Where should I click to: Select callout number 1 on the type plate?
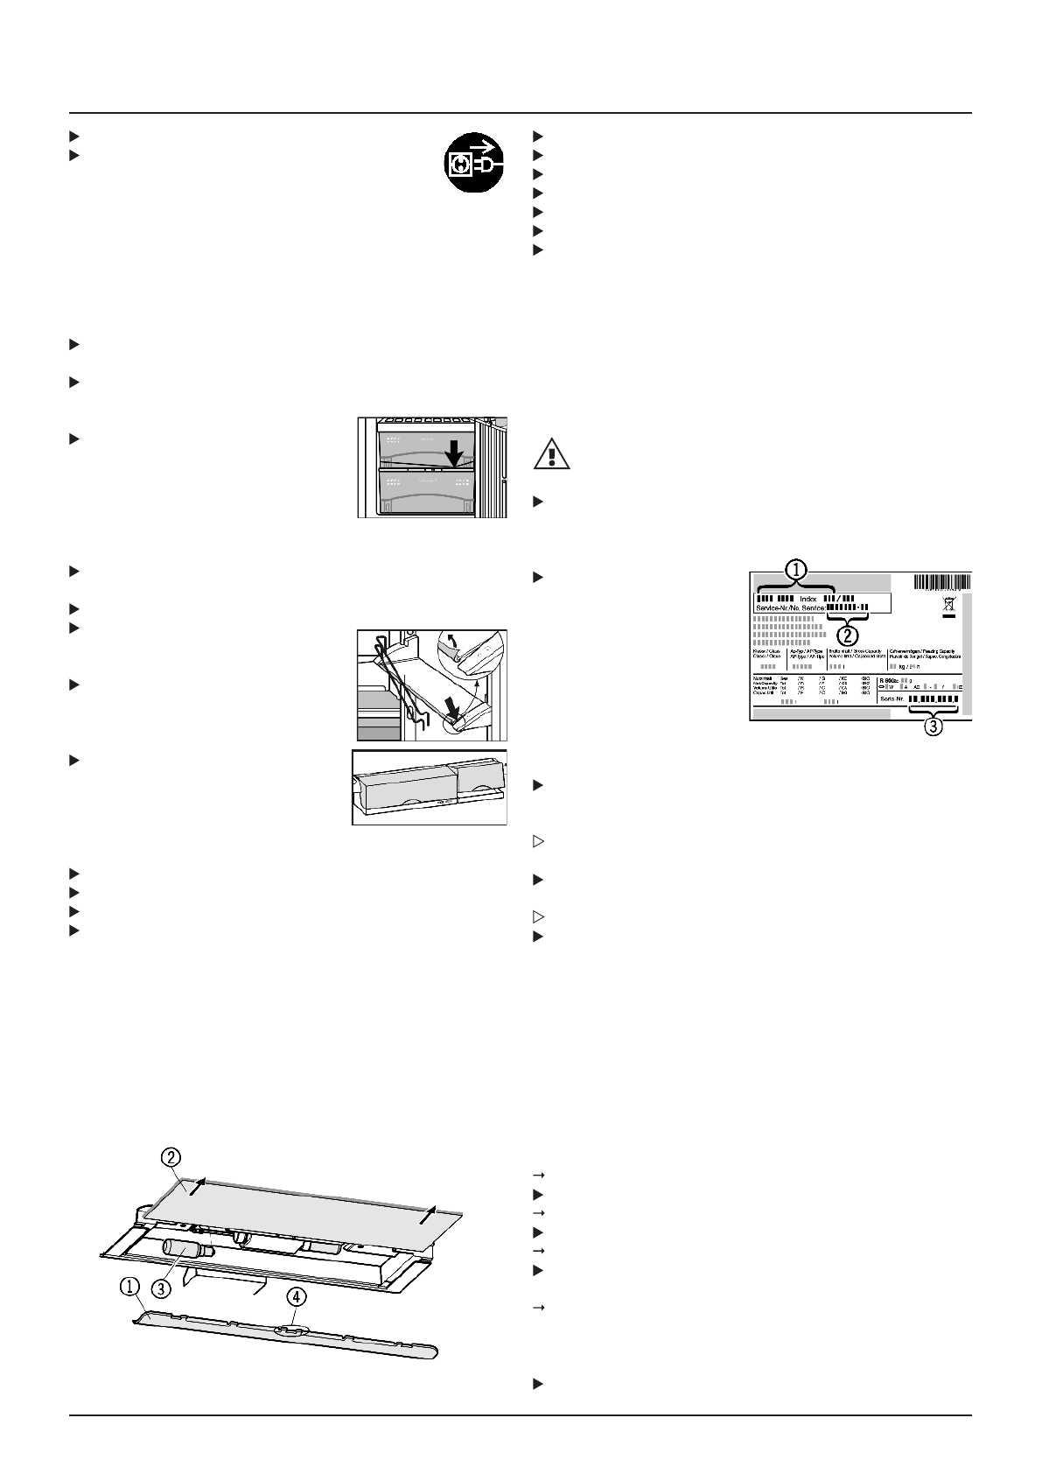[x=795, y=569]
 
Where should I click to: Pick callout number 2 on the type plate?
[x=846, y=631]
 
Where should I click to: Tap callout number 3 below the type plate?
[x=934, y=726]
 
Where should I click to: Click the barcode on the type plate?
[x=942, y=582]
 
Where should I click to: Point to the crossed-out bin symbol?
[x=948, y=604]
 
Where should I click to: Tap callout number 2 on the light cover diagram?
[x=171, y=1156]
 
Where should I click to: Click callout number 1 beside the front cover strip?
[x=129, y=1286]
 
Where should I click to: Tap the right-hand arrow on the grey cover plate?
[x=427, y=1216]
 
